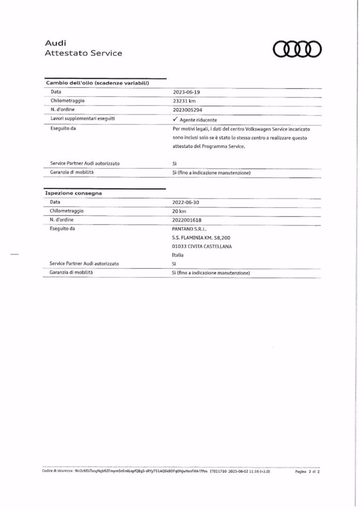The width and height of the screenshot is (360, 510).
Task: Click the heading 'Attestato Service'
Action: point(83,53)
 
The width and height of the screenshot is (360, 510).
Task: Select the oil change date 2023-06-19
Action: point(185,92)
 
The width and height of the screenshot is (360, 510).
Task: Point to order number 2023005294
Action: point(187,110)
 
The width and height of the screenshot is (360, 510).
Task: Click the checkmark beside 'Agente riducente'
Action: point(175,120)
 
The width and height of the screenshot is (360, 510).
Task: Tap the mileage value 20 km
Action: point(178,211)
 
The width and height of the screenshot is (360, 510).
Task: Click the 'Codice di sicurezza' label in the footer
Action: point(57,470)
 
